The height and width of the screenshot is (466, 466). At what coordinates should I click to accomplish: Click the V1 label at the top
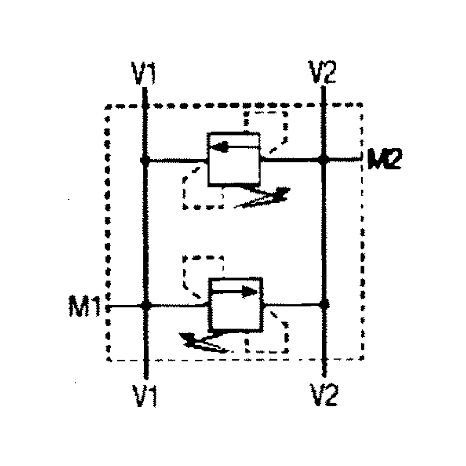(143, 73)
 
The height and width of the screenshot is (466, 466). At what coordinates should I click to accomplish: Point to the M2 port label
(384, 159)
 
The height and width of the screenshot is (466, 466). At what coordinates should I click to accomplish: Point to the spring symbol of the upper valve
(265, 198)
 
